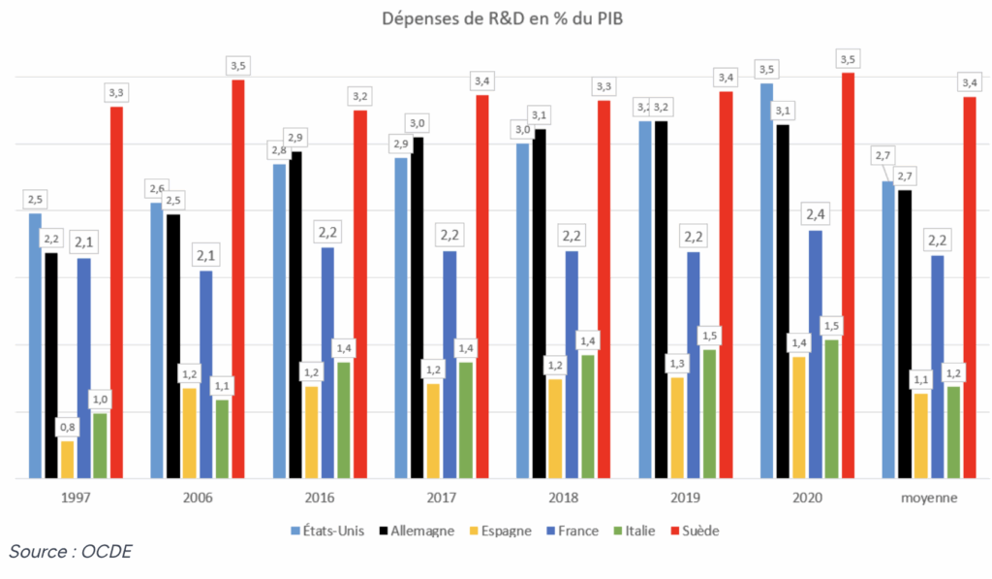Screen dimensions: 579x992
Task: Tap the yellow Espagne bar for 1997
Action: (67, 460)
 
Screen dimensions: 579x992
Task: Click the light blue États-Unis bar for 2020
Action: (766, 281)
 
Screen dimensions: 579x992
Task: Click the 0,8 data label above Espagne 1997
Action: (68, 427)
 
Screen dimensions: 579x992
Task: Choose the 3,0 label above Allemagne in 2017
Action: (418, 122)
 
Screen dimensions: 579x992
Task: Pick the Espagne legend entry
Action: (495, 531)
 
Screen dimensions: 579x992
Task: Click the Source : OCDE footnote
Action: (71, 552)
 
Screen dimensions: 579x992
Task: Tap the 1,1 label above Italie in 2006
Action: (222, 385)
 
